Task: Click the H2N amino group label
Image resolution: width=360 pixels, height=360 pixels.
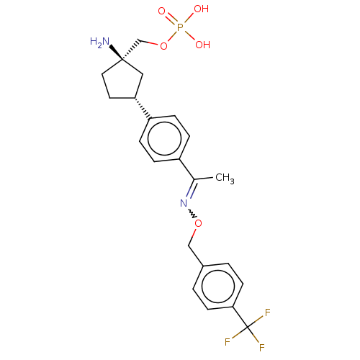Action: pyautogui.click(x=100, y=42)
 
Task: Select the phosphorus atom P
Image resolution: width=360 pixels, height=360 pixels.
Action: pyautogui.click(x=180, y=27)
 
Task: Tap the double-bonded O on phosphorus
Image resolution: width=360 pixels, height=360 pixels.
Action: pyautogui.click(x=161, y=11)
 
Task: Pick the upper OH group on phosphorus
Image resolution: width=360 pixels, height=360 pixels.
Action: pyautogui.click(x=201, y=9)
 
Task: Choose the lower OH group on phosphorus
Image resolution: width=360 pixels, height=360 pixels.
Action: pyautogui.click(x=202, y=45)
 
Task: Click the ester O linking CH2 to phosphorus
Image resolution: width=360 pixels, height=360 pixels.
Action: pyautogui.click(x=163, y=46)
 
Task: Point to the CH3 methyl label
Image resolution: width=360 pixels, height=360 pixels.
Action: pyautogui.click(x=225, y=178)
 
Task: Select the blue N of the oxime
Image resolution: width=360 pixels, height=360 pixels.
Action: pyautogui.click(x=184, y=203)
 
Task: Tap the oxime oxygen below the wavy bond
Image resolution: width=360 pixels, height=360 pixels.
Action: pyautogui.click(x=198, y=223)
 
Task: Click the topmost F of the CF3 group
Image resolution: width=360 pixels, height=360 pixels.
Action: pyautogui.click(x=268, y=312)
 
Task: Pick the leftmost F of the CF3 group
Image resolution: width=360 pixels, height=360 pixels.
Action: pyautogui.click(x=228, y=342)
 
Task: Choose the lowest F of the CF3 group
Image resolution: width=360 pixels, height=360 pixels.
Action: pyautogui.click(x=261, y=348)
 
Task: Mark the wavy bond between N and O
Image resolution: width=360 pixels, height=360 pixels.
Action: pyautogui.click(x=192, y=214)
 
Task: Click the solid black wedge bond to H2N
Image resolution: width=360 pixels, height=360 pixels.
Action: pyautogui.click(x=116, y=52)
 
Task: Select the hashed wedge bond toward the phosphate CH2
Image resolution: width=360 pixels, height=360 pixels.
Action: pyautogui.click(x=131, y=49)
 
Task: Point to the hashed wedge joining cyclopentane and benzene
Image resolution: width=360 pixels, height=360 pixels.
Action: pyautogui.click(x=143, y=108)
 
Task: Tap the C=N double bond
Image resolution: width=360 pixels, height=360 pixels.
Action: pyautogui.click(x=192, y=189)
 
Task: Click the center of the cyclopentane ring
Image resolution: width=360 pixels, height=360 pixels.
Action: pyautogui.click(x=122, y=81)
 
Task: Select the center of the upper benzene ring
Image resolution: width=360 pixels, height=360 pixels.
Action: pyautogui.click(x=164, y=138)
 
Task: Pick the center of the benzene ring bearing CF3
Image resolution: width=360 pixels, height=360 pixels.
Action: pyautogui.click(x=217, y=286)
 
